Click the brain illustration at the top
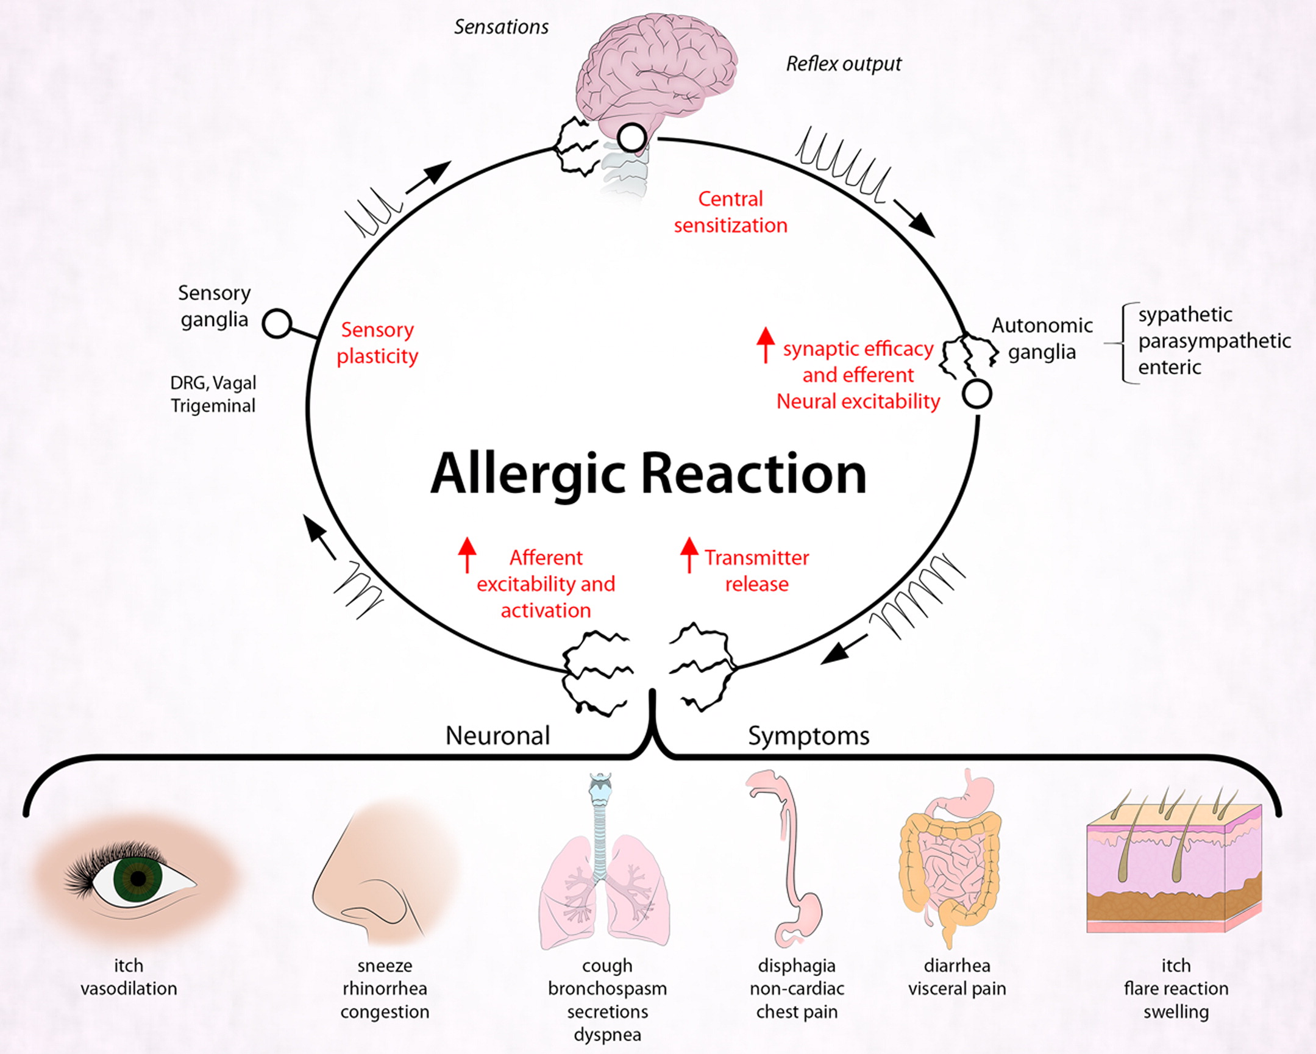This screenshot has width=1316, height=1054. pos(656,67)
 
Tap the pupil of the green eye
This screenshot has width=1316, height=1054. pos(138,879)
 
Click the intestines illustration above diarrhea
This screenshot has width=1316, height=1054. pos(952,867)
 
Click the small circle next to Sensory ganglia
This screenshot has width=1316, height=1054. pos(277,323)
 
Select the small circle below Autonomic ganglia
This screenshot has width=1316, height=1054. pos(976,394)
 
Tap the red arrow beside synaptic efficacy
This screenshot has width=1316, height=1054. pos(766,345)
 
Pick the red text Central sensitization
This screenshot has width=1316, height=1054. pos(730,212)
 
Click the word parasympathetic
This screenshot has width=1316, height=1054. pos(1214,341)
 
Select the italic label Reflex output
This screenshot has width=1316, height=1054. pos(843,64)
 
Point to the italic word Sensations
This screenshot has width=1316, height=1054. pos(501,27)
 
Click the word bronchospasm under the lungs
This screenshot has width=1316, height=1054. pos(606,989)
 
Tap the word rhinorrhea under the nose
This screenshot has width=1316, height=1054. pos(385,989)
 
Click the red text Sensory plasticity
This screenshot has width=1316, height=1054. pos(377,343)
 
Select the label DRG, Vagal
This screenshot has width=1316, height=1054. pos(213,383)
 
